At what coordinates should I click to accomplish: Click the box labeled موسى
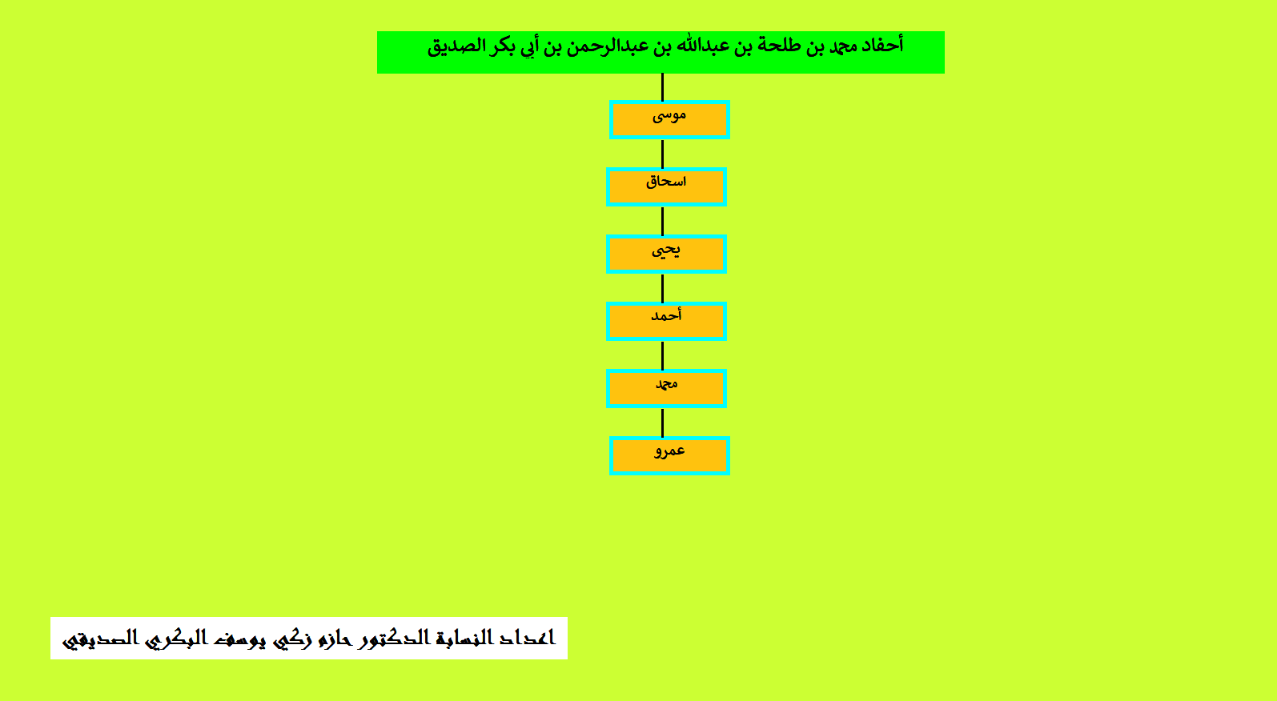(x=669, y=120)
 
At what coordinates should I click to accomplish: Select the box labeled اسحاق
(x=666, y=187)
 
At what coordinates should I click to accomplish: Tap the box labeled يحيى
(x=666, y=254)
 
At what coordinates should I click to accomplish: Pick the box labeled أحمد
(x=666, y=322)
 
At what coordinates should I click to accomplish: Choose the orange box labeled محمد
(x=666, y=389)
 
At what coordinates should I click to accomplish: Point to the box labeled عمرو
(x=669, y=456)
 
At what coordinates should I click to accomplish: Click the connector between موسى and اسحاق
(x=662, y=154)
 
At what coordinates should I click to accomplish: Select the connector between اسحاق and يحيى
(x=662, y=221)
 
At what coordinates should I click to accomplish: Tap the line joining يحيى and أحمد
(x=662, y=288)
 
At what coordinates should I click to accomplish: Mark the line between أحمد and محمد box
(x=662, y=355)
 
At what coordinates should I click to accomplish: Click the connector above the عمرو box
(x=662, y=423)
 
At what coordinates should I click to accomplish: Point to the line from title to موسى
(x=662, y=87)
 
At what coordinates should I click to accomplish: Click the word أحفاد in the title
(x=882, y=45)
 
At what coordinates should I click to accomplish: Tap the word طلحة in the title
(x=764, y=46)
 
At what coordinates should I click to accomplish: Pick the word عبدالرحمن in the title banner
(x=611, y=46)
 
